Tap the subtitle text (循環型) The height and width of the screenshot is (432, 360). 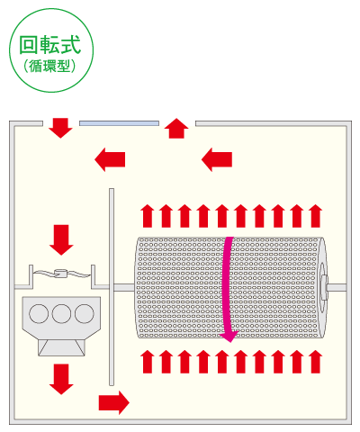coord(49,66)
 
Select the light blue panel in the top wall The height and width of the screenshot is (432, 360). coord(119,123)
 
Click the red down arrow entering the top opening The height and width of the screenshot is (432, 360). coord(60,128)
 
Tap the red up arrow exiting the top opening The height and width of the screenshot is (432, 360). coord(176,128)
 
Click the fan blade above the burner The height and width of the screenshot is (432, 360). coord(61,274)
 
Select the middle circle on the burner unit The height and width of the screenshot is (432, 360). coord(61,313)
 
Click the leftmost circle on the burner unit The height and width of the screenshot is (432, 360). coord(39,313)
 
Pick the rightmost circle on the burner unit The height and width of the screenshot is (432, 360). coord(85,313)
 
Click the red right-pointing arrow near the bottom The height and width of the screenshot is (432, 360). coord(114,402)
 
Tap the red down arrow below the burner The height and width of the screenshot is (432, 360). coord(61,379)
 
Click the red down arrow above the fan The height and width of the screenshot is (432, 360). coord(61,240)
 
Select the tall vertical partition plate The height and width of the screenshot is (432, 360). coord(112,287)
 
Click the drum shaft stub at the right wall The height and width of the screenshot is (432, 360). coord(337,287)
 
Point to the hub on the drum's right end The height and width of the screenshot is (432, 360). coord(323,287)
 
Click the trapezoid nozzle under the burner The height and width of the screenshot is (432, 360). coord(61,348)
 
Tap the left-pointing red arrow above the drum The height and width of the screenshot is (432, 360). coord(217,159)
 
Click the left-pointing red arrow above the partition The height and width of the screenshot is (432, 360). coord(110,159)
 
